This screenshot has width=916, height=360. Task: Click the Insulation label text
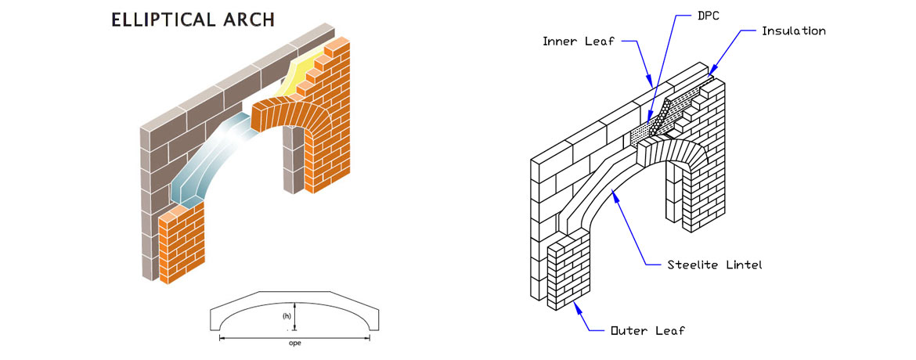794,31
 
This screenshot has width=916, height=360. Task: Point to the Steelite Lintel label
715,265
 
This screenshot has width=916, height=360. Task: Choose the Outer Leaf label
647,330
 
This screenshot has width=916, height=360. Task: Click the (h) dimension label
287,317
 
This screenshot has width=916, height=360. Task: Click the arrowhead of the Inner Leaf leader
649,83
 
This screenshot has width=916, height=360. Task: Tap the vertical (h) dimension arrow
294,317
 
